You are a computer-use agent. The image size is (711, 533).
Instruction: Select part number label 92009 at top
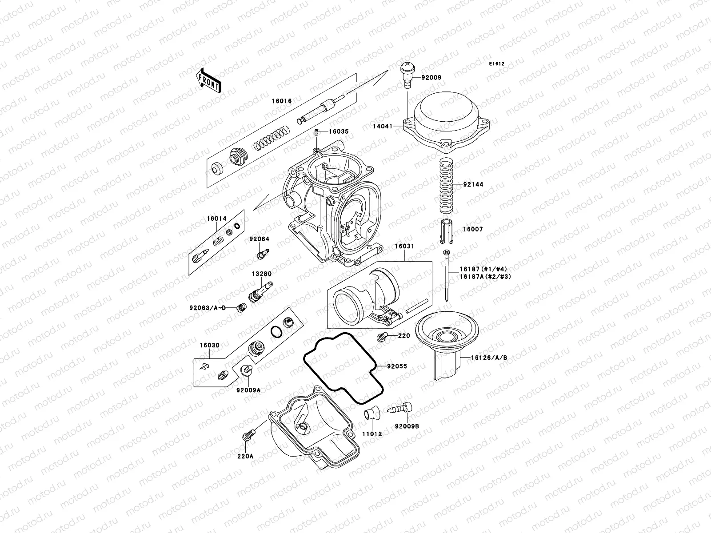pos(431,77)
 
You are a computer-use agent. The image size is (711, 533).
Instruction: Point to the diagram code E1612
pos(497,64)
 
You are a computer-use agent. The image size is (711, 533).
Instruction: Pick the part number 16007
pos(473,230)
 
